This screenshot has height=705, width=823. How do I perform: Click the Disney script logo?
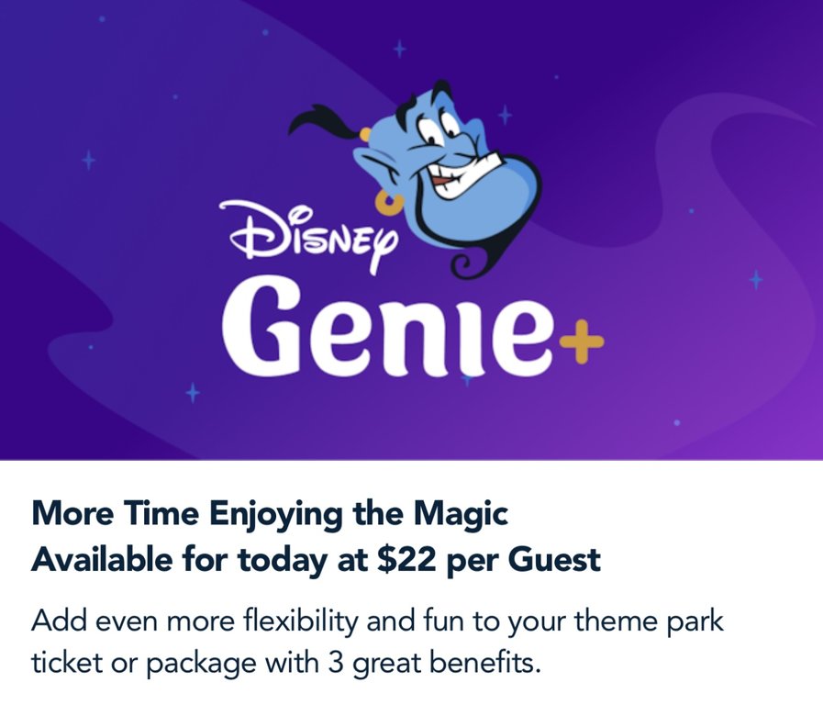(x=310, y=236)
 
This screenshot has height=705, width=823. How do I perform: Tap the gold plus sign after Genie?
(x=582, y=341)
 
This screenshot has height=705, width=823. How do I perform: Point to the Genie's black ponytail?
(x=320, y=122)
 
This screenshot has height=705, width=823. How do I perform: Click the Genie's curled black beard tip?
(x=464, y=265)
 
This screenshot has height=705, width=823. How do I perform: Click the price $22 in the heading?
(x=406, y=559)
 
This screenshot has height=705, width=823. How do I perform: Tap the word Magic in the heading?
(x=461, y=514)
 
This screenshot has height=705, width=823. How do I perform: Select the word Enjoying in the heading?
(x=276, y=514)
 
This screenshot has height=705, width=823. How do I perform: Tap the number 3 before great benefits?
(x=336, y=662)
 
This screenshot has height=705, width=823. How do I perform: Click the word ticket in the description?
(x=66, y=662)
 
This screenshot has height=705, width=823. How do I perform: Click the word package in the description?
(x=201, y=664)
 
